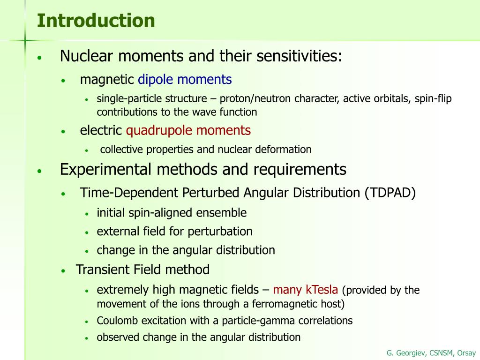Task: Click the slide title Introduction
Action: point(96,21)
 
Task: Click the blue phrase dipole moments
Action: point(185,80)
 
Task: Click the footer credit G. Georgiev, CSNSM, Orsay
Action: point(431,353)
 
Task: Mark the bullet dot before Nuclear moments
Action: point(40,58)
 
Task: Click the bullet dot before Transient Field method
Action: point(64,271)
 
